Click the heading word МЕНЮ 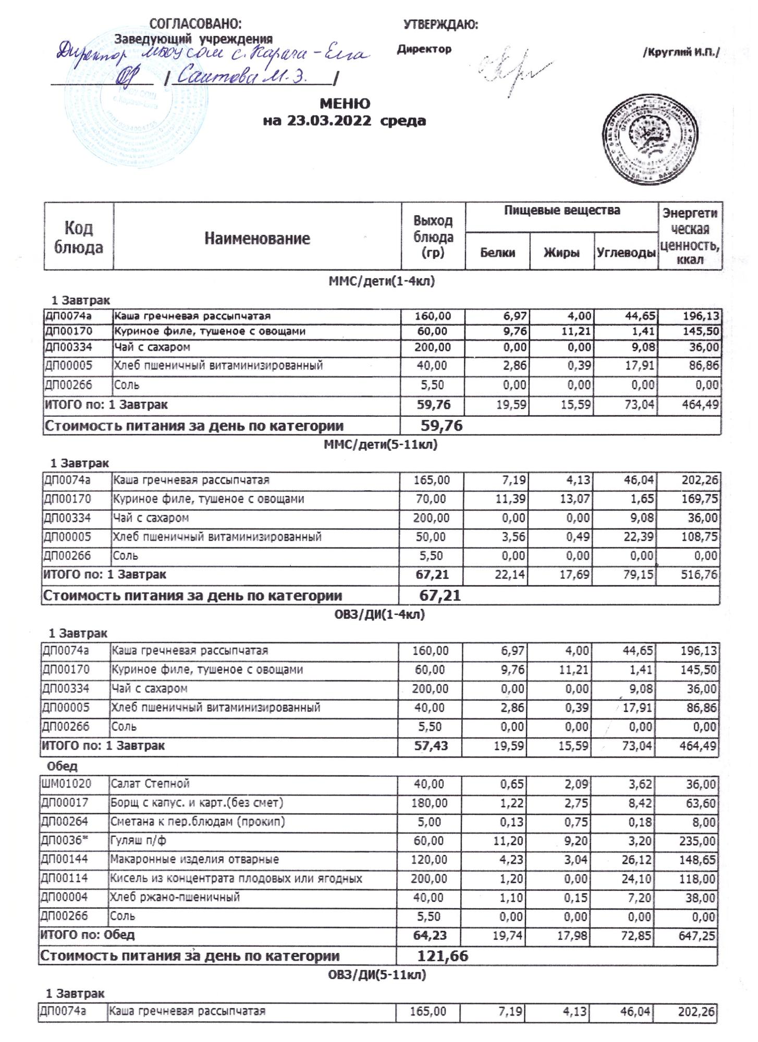pyautogui.click(x=345, y=103)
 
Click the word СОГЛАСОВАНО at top pyautogui.click(x=195, y=24)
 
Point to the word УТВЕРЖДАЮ pyautogui.click(x=441, y=24)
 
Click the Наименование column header pyautogui.click(x=257, y=239)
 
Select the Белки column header pyautogui.click(x=497, y=253)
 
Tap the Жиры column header pyautogui.click(x=561, y=253)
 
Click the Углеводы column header pyautogui.click(x=626, y=253)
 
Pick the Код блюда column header pyautogui.click(x=79, y=237)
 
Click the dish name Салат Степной pyautogui.click(x=150, y=784)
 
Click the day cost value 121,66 pyautogui.click(x=443, y=956)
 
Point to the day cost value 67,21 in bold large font pyautogui.click(x=440, y=596)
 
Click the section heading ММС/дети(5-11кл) pyautogui.click(x=381, y=444)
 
